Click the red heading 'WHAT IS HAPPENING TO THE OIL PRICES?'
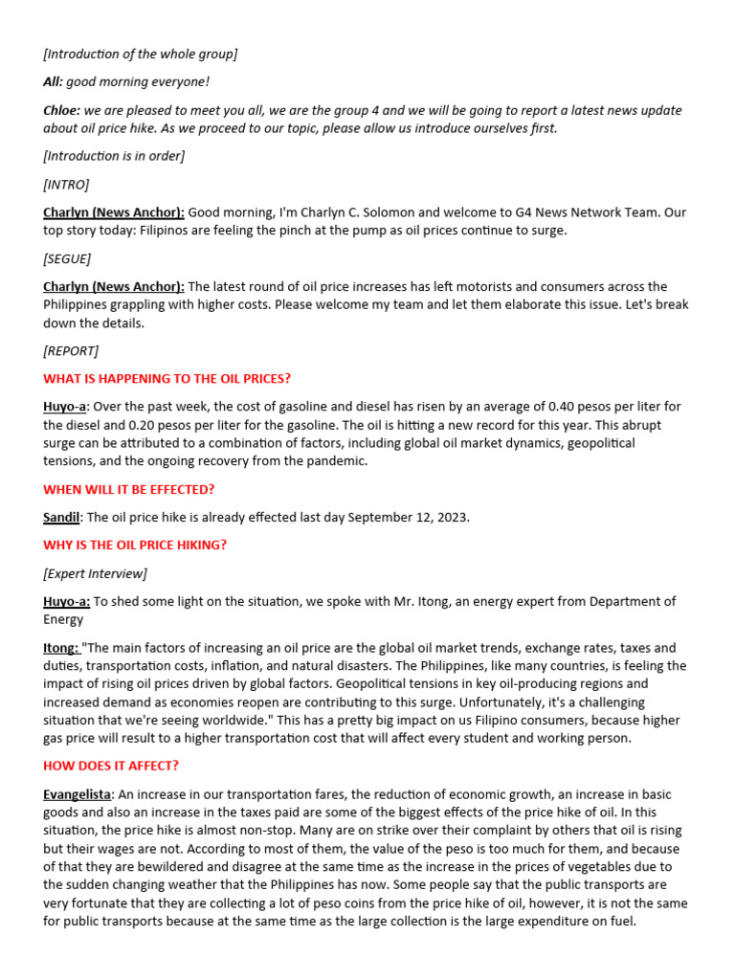167,378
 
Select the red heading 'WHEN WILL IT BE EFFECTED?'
129,489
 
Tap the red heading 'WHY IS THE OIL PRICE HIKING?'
135,545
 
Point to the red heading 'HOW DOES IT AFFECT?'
111,766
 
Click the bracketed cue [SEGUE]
67,258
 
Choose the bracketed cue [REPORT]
71,350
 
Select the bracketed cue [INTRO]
65,184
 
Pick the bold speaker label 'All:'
54,82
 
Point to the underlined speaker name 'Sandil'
62,517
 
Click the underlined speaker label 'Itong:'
61,648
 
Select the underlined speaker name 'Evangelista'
78,794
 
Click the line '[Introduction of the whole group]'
140,54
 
